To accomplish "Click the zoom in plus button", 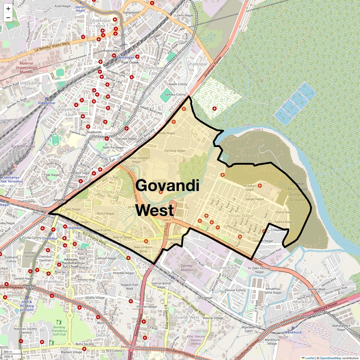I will tap(8, 9).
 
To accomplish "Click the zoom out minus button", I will tap(8, 18).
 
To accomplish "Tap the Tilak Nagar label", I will tap(52, 175).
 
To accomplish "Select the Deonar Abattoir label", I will tap(187, 268).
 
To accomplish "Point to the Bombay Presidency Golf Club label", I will tap(59, 331).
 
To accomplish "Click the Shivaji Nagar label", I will tap(241, 215).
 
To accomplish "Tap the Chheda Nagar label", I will tap(113, 192).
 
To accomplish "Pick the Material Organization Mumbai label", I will tap(26, 67).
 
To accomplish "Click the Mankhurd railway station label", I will tap(293, 332).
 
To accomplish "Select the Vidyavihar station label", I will tap(46, 103).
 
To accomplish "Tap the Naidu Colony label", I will tap(178, 84).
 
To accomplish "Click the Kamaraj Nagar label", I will tap(175, 151).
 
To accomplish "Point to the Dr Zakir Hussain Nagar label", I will tap(259, 270).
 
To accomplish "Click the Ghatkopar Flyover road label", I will tap(213, 67).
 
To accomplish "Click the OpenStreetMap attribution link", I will tap(330, 358).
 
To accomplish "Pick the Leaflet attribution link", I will tap(310, 358).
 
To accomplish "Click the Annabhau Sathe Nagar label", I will tap(273, 291).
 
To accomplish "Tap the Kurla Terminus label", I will tap(23, 146).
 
